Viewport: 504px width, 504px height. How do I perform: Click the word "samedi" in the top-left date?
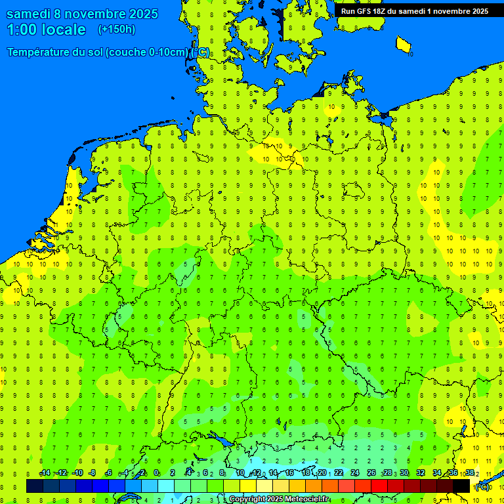click(x=28, y=14)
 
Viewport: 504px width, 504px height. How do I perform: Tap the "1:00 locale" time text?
click(x=46, y=30)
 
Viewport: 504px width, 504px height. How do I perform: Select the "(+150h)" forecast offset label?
click(x=116, y=30)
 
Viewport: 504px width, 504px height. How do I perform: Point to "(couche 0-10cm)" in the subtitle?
click(x=147, y=52)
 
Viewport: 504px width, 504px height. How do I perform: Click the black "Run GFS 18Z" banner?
click(x=414, y=10)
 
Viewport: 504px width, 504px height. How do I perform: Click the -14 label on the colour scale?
click(x=45, y=473)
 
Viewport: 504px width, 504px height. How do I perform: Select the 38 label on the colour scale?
click(x=469, y=473)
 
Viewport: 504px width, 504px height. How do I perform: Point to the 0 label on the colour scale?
click(x=156, y=473)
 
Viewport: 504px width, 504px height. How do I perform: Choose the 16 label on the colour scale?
click(x=289, y=473)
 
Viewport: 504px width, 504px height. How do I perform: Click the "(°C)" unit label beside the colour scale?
click(x=482, y=487)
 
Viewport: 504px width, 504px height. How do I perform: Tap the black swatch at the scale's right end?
click(x=461, y=486)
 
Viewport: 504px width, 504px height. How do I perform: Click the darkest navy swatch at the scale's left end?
click(x=35, y=486)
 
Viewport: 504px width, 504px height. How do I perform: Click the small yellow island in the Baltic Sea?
click(x=404, y=45)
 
